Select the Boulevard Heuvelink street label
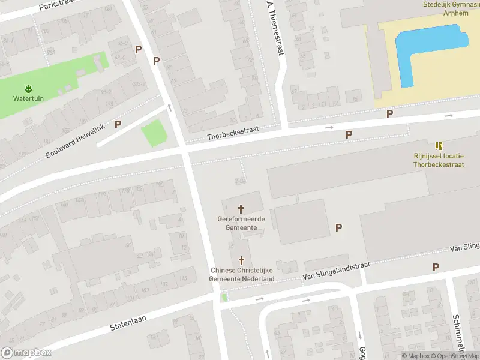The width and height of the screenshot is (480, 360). pos(75,140)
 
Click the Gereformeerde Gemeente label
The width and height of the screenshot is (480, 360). pos(241,223)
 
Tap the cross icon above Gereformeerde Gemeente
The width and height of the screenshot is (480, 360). pos(241,209)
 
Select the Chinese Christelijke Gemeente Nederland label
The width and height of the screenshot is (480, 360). pos(242,275)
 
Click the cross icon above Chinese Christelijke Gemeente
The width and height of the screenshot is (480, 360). pos(242,260)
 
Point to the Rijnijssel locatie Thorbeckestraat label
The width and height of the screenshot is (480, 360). pos(439,160)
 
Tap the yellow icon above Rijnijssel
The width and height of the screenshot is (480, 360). pos(439,146)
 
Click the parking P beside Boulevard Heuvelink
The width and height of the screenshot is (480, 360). pos(118,124)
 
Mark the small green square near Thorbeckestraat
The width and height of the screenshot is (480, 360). pos(153,133)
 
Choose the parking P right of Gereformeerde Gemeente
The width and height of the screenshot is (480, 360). pos(339,227)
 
